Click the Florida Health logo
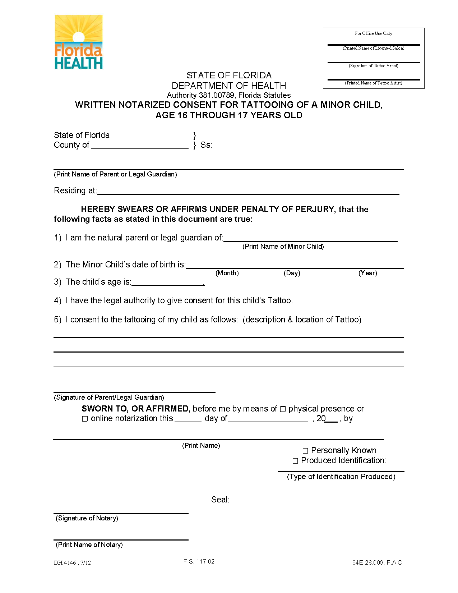78,42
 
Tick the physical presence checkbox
283,409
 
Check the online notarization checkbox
85,419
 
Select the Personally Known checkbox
305,451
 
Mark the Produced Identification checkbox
295,461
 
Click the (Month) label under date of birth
227,273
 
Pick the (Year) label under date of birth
367,273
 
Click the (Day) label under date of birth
292,273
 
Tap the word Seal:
220,500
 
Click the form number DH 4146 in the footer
65,563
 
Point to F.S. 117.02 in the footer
199,561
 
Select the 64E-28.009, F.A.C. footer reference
378,563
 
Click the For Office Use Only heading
374,33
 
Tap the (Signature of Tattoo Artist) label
374,66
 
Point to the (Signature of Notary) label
87,518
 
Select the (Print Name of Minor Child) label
283,247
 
